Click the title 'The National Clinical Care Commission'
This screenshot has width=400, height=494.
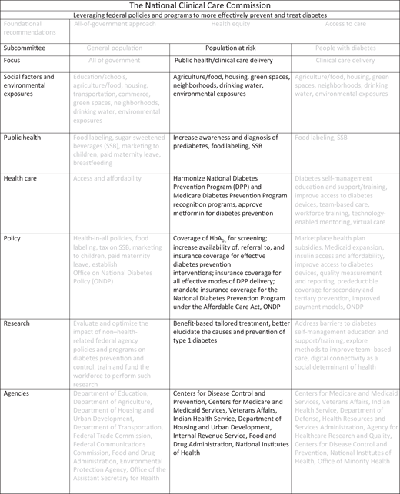[x=200, y=5]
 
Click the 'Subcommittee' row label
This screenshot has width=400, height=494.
[x=27, y=47]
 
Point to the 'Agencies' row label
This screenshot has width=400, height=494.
[x=19, y=392]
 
